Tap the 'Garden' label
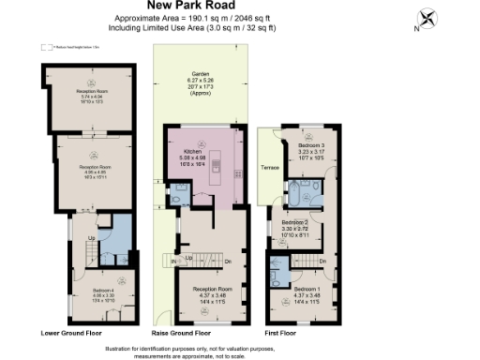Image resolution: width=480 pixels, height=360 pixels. pyautogui.click(x=199, y=72)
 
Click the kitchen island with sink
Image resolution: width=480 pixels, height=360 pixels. pyautogui.click(x=216, y=168)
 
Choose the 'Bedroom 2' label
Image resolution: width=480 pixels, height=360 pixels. pyautogui.click(x=294, y=221)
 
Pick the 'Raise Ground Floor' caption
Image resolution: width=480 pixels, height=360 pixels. pyautogui.click(x=181, y=333)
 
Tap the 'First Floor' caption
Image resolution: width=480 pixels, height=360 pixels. pyautogui.click(x=285, y=333)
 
